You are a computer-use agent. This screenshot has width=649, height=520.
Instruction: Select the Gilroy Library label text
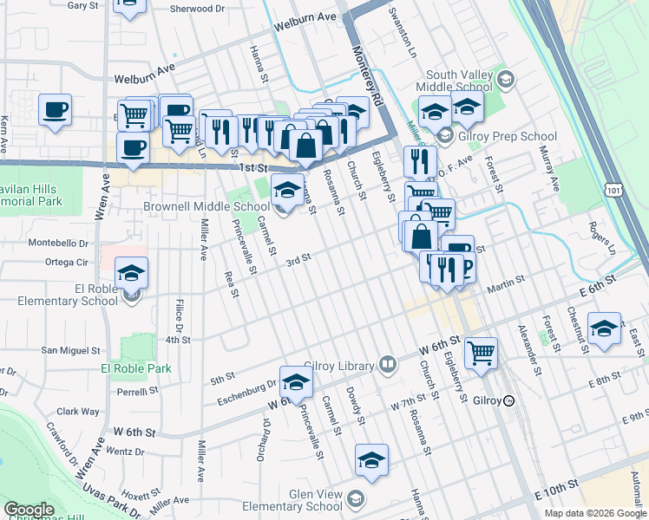[x=340, y=366]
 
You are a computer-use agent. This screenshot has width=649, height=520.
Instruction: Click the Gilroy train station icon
[x=509, y=400]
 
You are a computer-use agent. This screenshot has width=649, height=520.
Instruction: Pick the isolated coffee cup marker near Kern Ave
[x=55, y=111]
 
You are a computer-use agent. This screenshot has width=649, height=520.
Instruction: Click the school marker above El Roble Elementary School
[x=131, y=273]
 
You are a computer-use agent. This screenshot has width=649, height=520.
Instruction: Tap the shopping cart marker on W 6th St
[x=481, y=353]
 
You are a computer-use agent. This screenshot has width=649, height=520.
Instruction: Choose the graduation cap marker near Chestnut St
[x=604, y=328]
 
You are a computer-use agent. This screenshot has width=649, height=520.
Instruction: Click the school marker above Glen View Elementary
[x=371, y=460]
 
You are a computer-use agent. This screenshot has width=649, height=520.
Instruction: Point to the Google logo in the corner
[x=29, y=509]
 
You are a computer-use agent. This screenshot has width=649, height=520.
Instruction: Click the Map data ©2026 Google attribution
[x=594, y=513]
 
